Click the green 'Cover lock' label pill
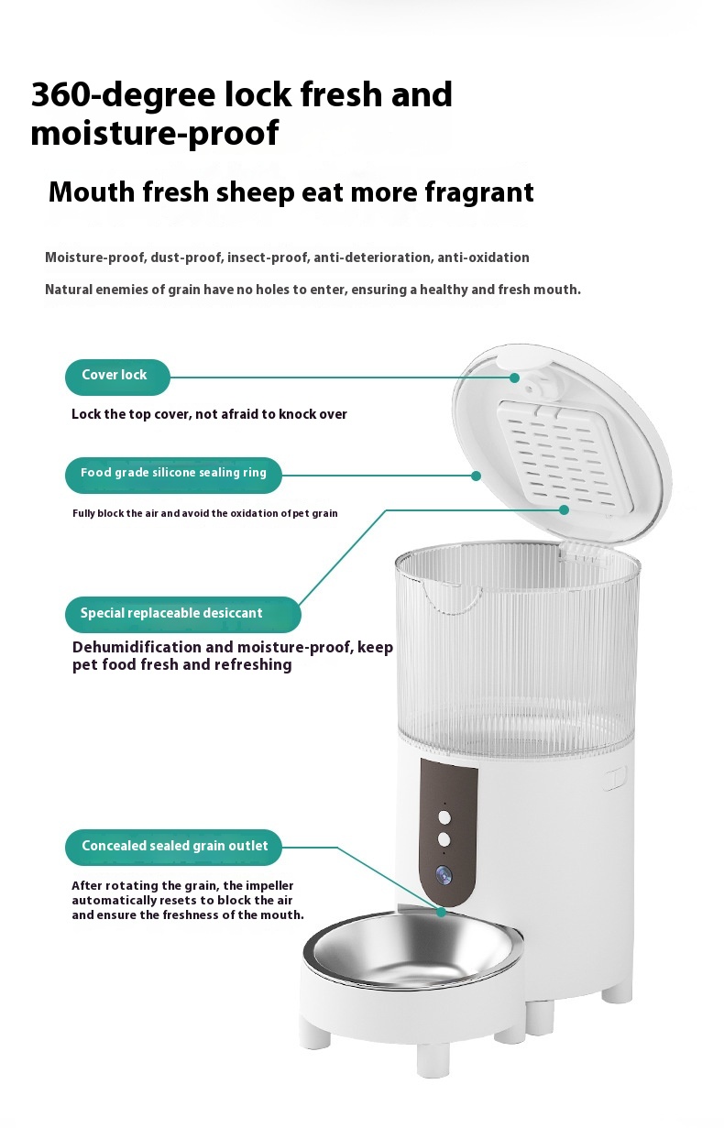116,377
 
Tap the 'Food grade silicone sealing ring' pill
173,475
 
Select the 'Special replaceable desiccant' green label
181,614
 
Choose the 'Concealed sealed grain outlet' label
173,848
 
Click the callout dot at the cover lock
515,378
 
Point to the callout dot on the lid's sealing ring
476,476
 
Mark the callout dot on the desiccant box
565,509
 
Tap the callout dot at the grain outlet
442,913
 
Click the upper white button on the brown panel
444,816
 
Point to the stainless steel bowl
413,953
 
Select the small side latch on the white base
614,780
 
